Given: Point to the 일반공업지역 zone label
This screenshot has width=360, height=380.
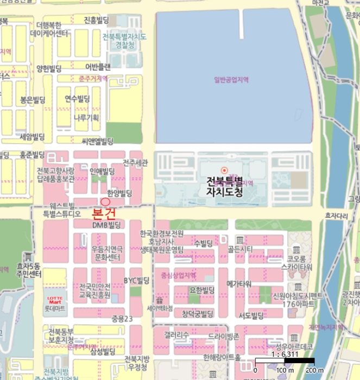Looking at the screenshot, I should click(231, 79).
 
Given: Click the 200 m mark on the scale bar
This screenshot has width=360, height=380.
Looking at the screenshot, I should click(314, 370).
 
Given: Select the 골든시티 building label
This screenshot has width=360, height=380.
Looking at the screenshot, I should click(240, 249).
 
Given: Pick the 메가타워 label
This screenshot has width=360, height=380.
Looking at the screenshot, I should click(238, 283).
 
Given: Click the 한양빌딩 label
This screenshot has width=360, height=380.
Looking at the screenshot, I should click(120, 193).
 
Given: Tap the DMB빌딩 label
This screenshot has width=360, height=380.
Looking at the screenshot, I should click(105, 224).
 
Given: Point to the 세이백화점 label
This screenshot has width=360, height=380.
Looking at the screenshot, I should click(160, 307).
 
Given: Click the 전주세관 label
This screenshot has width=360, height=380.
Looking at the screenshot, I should click(135, 162).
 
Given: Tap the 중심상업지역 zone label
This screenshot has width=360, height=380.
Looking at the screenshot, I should click(179, 275).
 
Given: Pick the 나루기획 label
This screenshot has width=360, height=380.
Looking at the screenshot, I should click(86, 117).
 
